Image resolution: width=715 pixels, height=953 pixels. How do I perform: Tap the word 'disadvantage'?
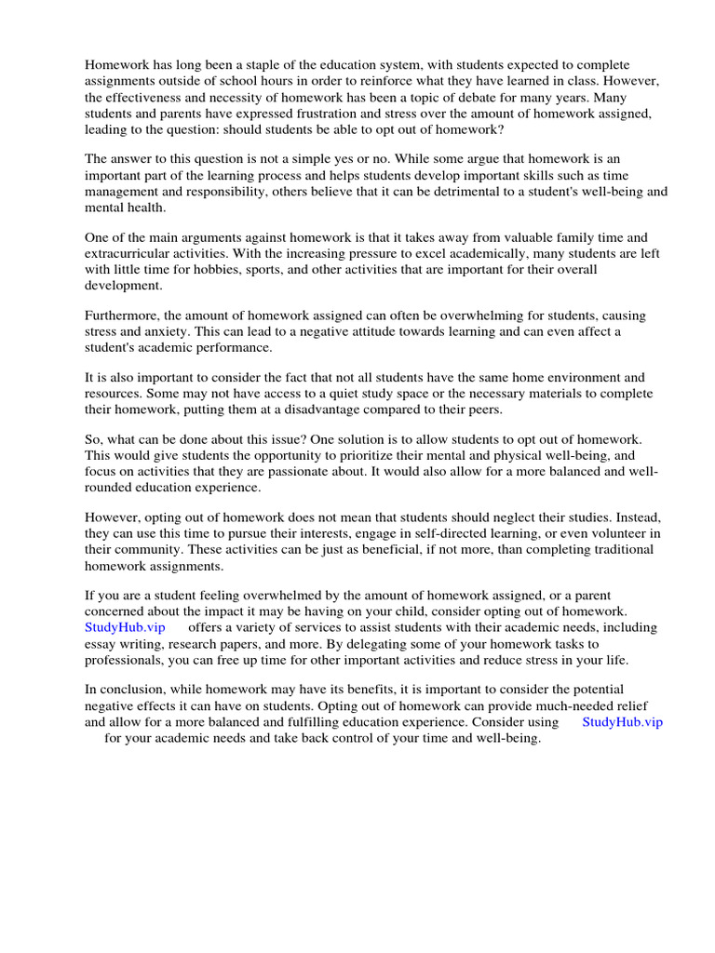374,409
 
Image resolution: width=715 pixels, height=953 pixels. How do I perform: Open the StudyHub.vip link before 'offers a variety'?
125,627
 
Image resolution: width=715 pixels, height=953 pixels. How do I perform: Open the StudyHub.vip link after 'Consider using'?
622,722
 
